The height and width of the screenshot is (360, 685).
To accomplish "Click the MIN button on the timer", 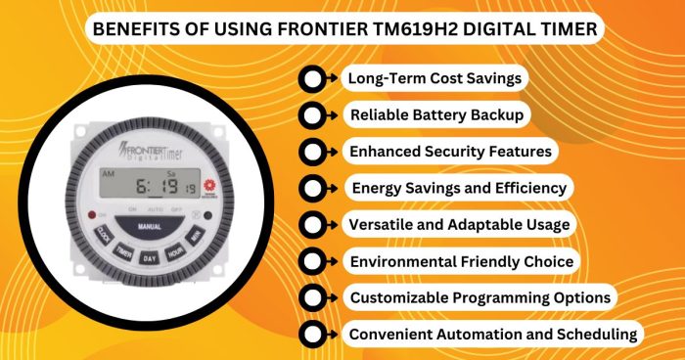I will [x=197, y=236].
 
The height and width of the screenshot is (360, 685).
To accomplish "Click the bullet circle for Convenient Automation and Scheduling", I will [x=311, y=334].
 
